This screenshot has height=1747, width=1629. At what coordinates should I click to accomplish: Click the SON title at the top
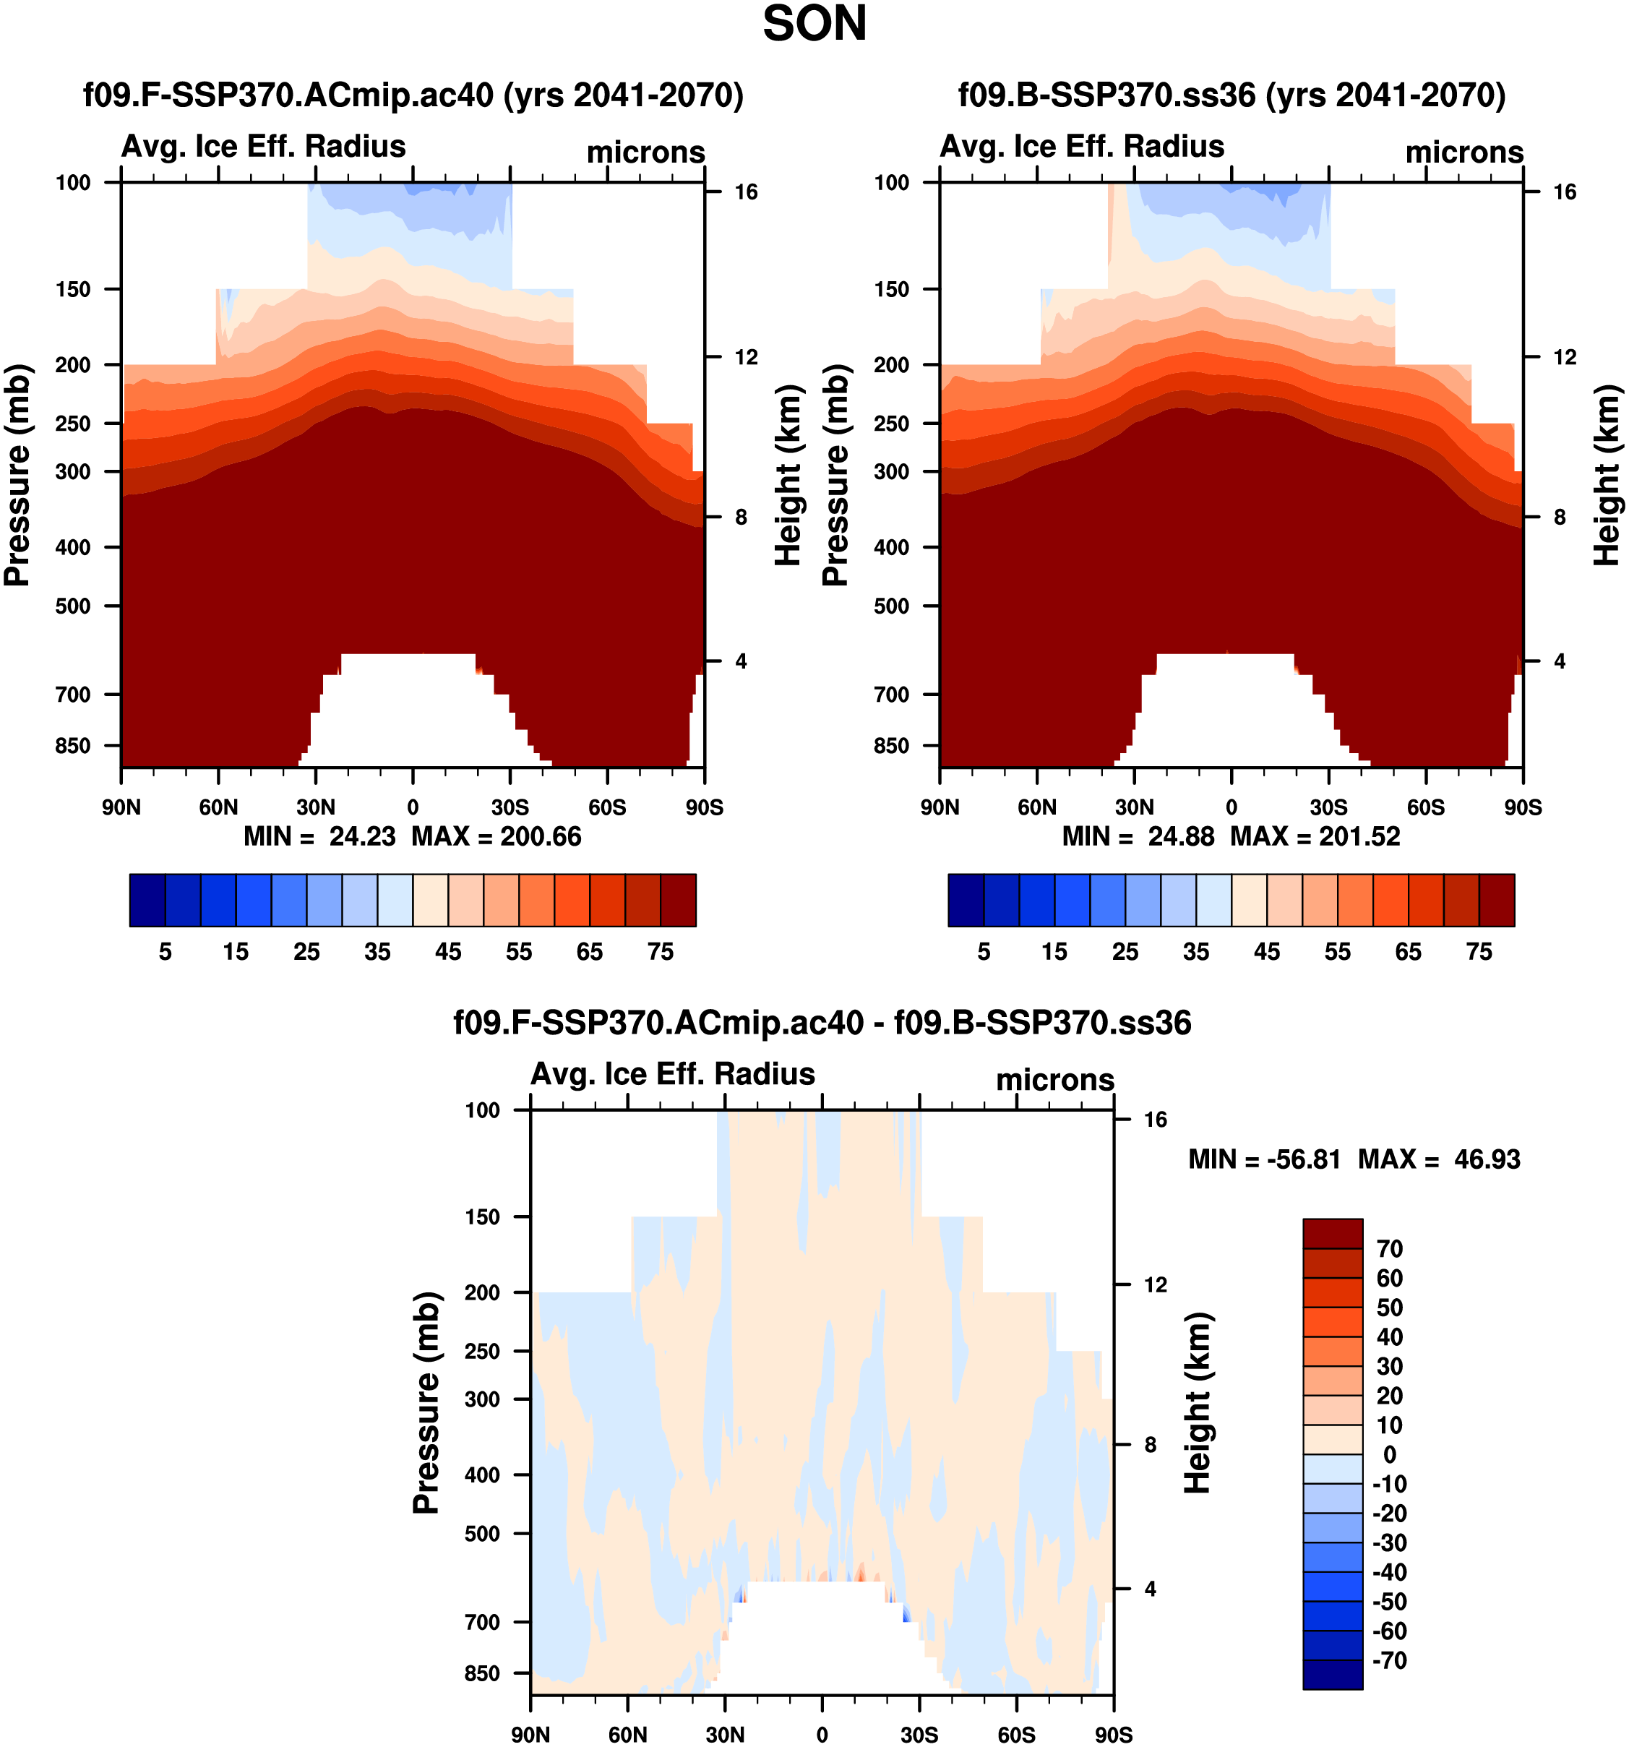point(814,24)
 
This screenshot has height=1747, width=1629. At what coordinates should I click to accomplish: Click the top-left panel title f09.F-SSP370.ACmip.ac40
point(413,95)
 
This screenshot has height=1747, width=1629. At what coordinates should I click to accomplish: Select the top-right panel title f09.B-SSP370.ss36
point(1231,95)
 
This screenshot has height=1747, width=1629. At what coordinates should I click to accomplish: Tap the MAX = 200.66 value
point(497,836)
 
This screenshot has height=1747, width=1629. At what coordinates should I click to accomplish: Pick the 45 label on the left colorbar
point(448,952)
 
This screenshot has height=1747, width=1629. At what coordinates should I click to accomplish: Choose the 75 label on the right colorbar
point(1479,952)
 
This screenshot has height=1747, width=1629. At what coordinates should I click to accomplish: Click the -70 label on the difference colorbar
point(1389,1660)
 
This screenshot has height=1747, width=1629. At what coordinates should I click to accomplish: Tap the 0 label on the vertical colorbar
point(1389,1454)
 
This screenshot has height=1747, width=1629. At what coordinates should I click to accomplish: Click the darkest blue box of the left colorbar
point(147,900)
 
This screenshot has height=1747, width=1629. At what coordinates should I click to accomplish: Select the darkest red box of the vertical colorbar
point(1332,1233)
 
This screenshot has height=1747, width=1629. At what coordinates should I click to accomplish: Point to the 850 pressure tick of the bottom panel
point(481,1673)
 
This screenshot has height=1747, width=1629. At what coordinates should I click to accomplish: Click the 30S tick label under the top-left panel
point(510,807)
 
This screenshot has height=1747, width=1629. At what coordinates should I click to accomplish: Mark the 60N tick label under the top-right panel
point(1037,807)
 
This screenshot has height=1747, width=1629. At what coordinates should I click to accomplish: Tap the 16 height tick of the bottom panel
point(1154,1120)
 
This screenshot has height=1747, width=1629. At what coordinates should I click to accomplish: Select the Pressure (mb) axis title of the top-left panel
point(17,475)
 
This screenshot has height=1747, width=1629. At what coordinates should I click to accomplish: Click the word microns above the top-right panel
point(1463,152)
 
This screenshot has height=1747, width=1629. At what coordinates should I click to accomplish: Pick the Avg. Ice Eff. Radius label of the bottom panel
point(672,1074)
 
